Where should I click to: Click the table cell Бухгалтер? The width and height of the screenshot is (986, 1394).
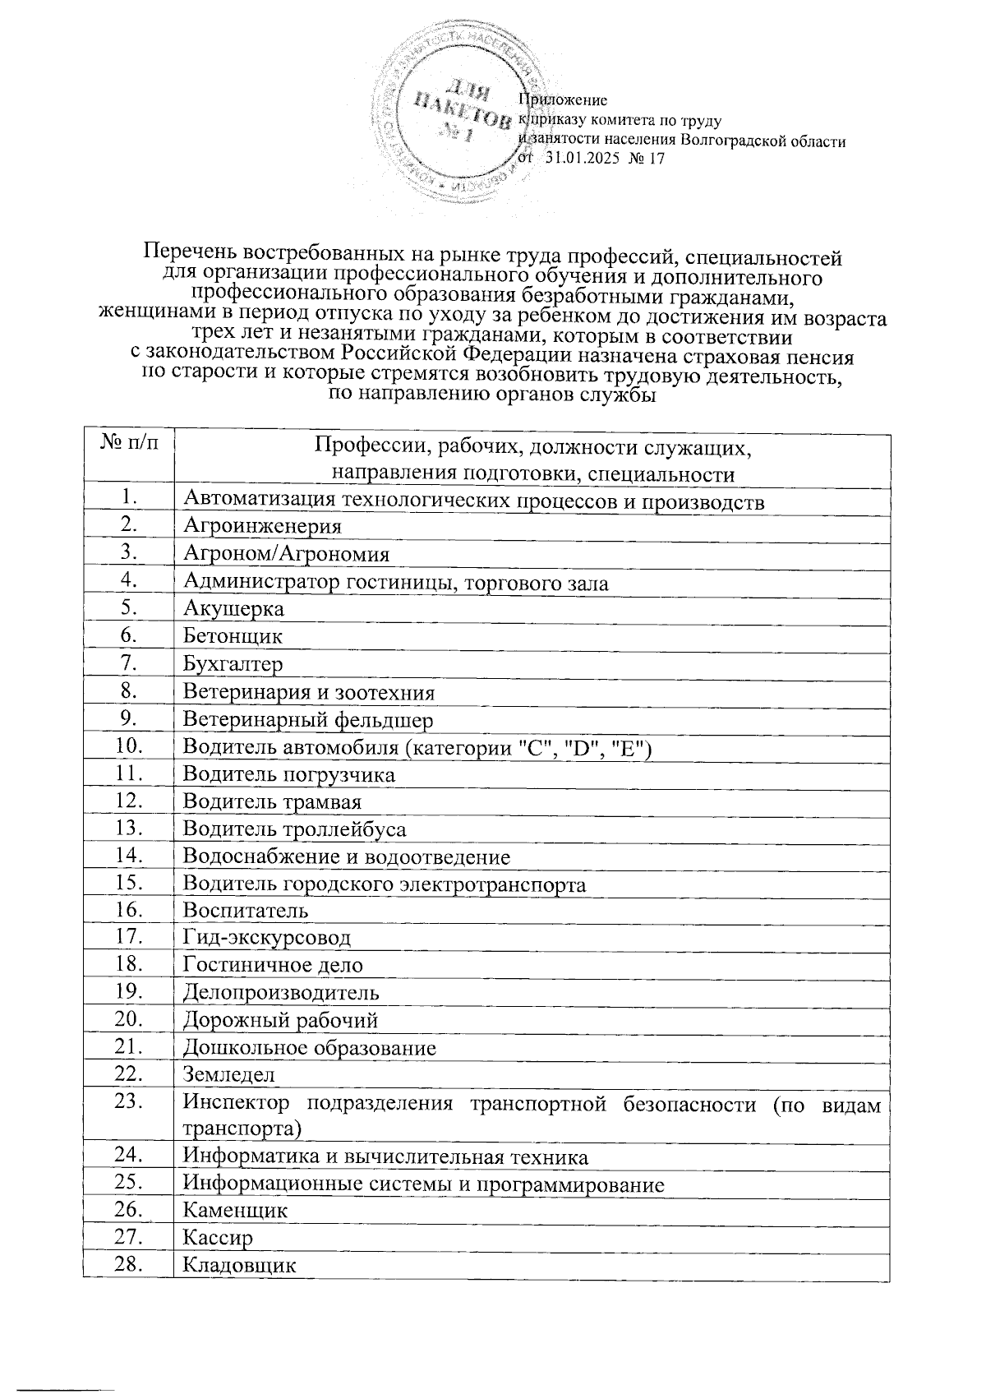[x=233, y=664]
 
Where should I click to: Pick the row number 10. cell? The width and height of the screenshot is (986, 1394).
[x=128, y=746]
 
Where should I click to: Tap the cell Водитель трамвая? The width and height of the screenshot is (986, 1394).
[x=271, y=801]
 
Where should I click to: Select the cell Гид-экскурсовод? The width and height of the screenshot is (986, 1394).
[x=266, y=938]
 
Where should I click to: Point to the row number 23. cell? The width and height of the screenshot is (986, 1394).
[x=128, y=1102]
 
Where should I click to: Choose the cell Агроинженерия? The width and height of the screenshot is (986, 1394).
[x=261, y=527]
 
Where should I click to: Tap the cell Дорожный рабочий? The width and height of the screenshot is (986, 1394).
[x=279, y=1020]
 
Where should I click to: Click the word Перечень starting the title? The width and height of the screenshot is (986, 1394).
[x=192, y=256]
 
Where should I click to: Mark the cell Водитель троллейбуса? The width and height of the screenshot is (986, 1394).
[x=293, y=829]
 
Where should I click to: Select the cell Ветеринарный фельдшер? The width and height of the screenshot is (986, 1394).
[x=307, y=720]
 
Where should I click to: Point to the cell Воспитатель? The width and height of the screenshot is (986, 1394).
[x=245, y=911]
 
